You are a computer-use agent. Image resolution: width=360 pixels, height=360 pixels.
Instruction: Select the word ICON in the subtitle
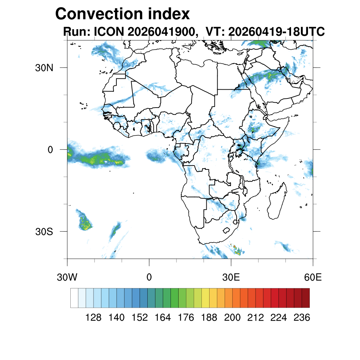[x=109, y=31]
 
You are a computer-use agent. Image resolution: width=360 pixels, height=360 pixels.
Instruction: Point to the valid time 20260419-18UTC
[x=276, y=31]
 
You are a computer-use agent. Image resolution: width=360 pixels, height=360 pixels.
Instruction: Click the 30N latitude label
[x=44, y=68]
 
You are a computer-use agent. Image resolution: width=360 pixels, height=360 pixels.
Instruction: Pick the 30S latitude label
[x=44, y=232]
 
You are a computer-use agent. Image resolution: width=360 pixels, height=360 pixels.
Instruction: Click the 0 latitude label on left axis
[x=50, y=150]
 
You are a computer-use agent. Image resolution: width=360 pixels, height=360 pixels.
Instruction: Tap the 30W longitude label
[x=67, y=277]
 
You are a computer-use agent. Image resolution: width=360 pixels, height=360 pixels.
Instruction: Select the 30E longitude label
[x=231, y=277]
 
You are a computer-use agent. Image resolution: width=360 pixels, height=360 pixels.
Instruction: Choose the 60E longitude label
[x=313, y=277]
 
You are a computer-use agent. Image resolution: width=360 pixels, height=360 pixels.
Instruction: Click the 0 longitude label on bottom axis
[x=149, y=277]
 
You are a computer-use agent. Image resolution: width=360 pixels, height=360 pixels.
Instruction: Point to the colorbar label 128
[x=93, y=317]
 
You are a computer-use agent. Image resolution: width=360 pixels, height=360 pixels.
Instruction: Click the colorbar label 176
[x=186, y=317]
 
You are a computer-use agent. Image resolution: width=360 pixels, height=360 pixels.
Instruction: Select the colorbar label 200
[x=232, y=317]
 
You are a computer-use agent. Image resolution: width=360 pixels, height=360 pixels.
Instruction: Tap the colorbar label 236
[x=302, y=317]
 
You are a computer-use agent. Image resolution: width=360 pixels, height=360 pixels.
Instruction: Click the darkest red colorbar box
[x=306, y=298]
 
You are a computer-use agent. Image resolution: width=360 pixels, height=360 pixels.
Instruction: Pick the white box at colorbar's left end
[x=75, y=298]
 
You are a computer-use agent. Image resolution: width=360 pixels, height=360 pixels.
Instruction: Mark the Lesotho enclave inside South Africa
[x=226, y=230]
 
